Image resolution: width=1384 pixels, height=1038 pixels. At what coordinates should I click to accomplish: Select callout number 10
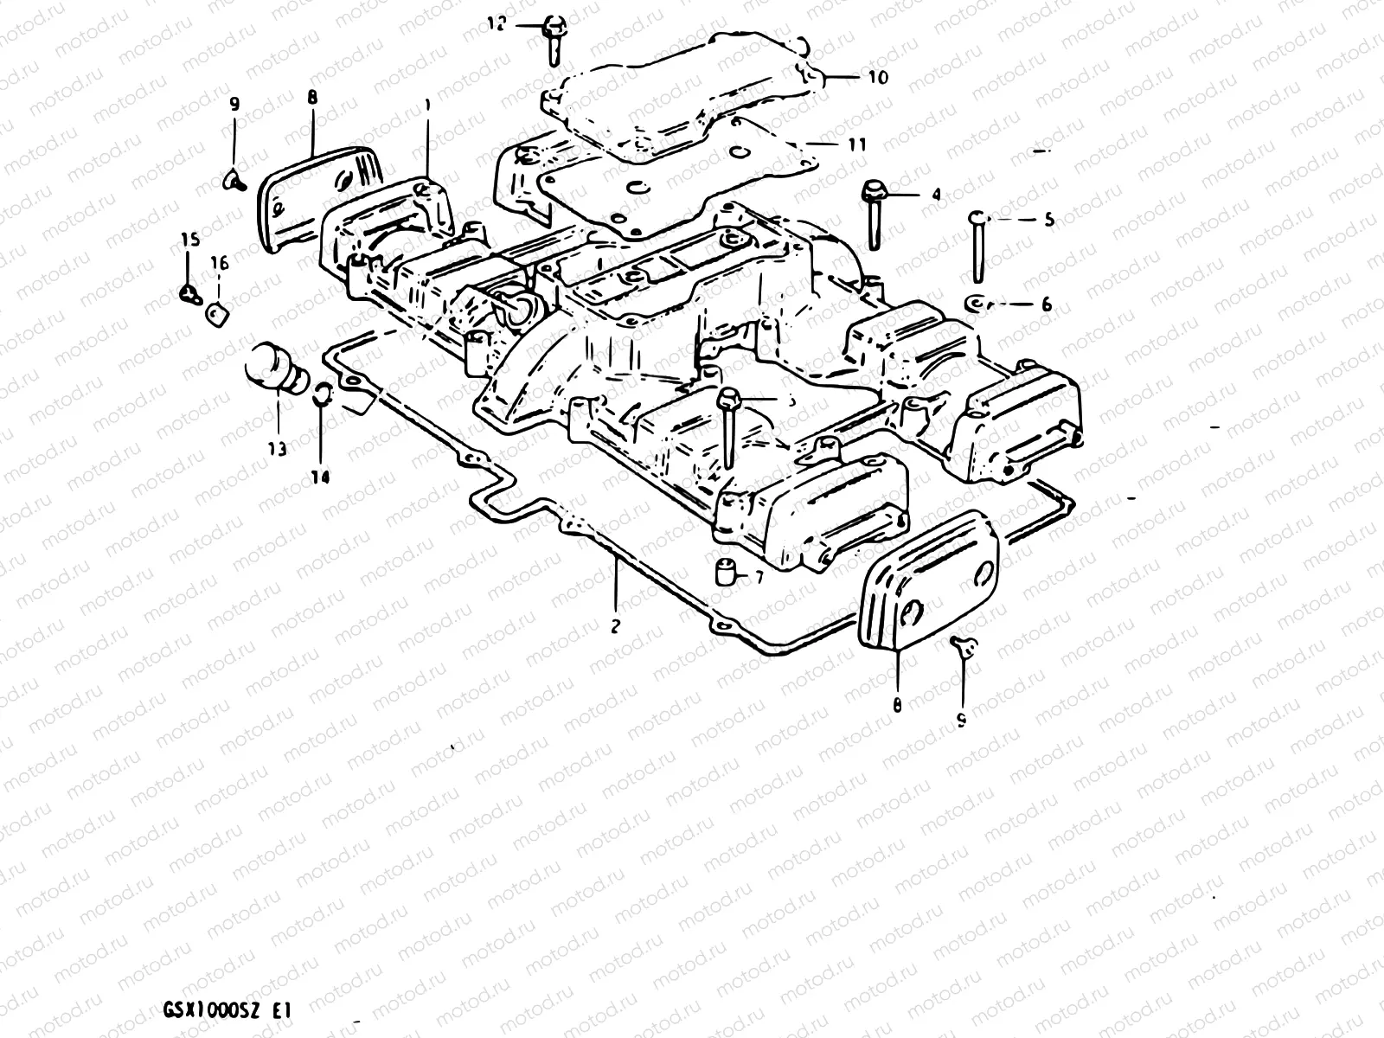pyautogui.click(x=877, y=77)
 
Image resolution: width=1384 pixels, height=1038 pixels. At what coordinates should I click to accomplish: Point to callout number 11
pyautogui.click(x=856, y=145)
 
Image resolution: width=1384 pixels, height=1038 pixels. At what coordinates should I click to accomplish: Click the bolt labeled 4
pyautogui.click(x=872, y=212)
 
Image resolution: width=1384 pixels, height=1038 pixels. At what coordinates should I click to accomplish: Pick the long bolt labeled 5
pyautogui.click(x=977, y=247)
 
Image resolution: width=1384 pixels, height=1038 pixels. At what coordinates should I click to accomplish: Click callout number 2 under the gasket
pyautogui.click(x=615, y=627)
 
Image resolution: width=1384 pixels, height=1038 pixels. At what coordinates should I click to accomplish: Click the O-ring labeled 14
pyautogui.click(x=320, y=393)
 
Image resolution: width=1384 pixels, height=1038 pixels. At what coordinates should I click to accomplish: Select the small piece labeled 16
pyautogui.click(x=216, y=313)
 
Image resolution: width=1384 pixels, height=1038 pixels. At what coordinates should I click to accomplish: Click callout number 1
pyautogui.click(x=426, y=105)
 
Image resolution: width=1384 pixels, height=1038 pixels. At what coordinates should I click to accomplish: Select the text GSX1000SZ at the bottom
pyautogui.click(x=201, y=1009)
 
